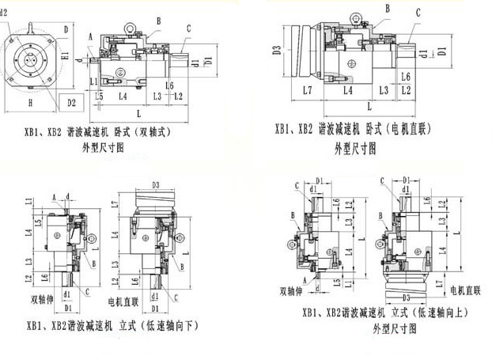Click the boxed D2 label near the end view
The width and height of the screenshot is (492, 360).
point(71,103)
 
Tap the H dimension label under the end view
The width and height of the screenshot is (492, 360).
point(29,104)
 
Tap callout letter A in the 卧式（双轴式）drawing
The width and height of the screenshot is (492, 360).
point(92,36)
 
